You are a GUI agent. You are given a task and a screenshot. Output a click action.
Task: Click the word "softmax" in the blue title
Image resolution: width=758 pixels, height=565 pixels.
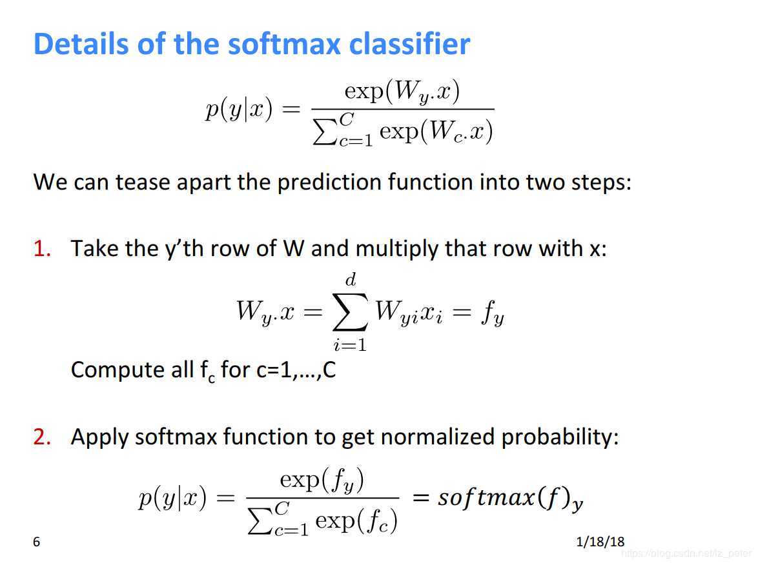(284, 43)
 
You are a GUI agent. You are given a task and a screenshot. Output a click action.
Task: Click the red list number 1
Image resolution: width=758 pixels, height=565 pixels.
(42, 249)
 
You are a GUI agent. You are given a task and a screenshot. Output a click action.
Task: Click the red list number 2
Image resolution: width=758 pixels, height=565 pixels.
(42, 437)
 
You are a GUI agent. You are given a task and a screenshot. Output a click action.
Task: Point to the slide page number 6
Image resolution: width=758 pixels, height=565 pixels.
(36, 542)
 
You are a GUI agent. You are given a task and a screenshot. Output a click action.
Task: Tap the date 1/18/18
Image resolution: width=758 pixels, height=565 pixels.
(600, 542)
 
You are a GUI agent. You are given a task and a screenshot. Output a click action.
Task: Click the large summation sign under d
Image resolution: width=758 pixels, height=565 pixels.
(351, 312)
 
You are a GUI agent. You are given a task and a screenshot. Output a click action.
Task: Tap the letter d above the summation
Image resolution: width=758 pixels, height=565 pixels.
(351, 279)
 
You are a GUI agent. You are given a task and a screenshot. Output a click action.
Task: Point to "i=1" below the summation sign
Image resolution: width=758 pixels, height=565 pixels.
(350, 344)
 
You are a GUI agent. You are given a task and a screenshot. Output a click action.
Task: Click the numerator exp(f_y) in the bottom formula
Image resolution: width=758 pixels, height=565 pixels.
(322, 481)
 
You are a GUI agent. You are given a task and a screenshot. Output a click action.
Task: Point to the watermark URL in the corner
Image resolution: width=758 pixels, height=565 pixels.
(687, 553)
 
